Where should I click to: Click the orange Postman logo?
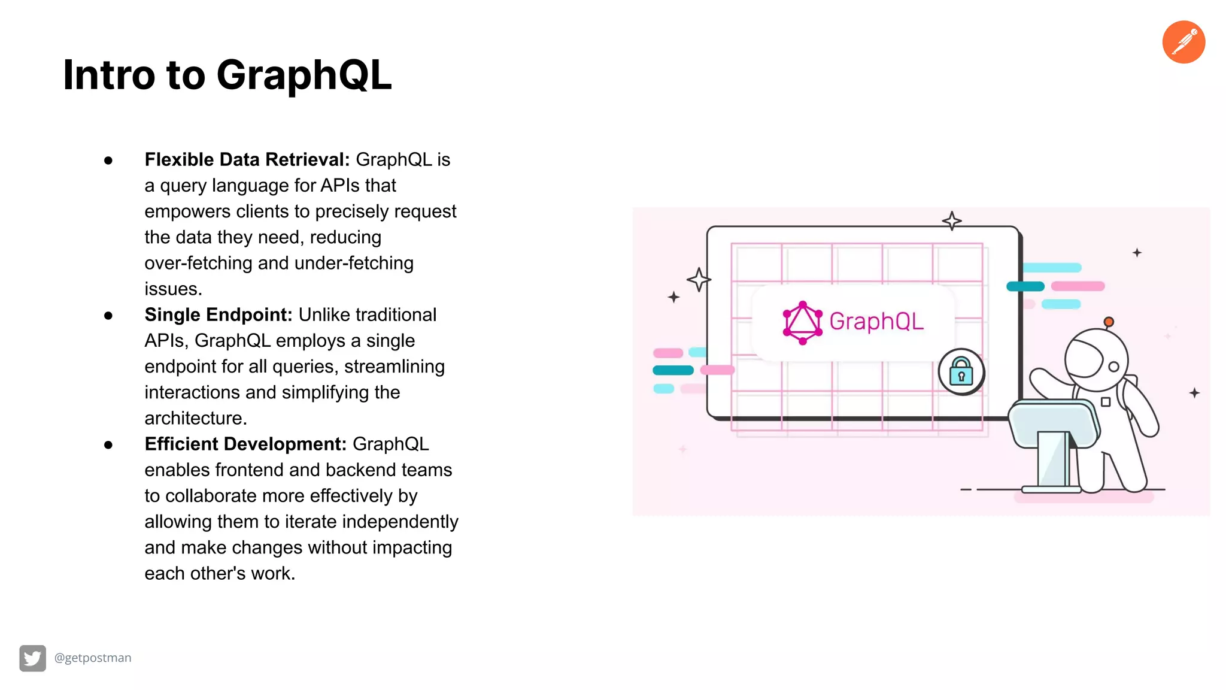click(x=1183, y=42)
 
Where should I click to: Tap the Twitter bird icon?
click(x=32, y=658)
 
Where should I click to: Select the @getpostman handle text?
click(x=93, y=658)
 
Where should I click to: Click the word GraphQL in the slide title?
click(x=304, y=75)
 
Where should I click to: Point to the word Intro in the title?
click(x=109, y=75)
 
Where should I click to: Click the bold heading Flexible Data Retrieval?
click(x=247, y=160)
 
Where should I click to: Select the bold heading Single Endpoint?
click(x=218, y=315)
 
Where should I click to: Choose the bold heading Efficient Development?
click(x=245, y=444)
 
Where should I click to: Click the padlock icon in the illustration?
click(x=961, y=372)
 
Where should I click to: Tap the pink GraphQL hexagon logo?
click(x=802, y=323)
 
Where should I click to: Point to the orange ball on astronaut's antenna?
click(x=1109, y=322)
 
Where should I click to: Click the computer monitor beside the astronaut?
click(x=1054, y=425)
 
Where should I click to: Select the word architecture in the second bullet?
click(x=195, y=418)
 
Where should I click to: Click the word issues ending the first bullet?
click(x=172, y=289)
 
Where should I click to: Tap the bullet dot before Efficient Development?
click(x=108, y=445)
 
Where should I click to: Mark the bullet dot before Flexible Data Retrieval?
click(x=108, y=161)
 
